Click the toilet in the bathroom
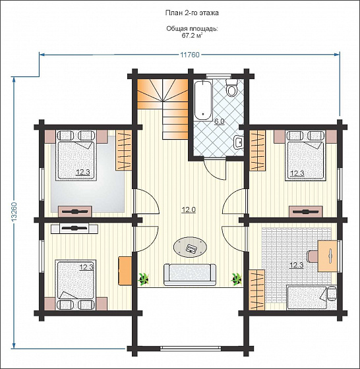point(232,88)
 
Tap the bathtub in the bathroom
point(203,100)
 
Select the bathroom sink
point(238,142)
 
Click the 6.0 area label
point(219,122)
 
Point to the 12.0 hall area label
point(189,210)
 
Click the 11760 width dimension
point(189,55)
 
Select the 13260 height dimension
point(14,211)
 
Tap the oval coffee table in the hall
point(191,248)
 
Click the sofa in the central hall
point(190,274)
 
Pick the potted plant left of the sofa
point(143,279)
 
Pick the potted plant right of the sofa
point(236,279)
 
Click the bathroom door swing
point(215,169)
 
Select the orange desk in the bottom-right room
point(328,256)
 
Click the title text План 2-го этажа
point(192,13)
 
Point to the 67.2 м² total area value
point(192,36)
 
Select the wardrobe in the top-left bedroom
point(123,150)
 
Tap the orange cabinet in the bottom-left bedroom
point(125,271)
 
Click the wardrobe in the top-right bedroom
point(257,150)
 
